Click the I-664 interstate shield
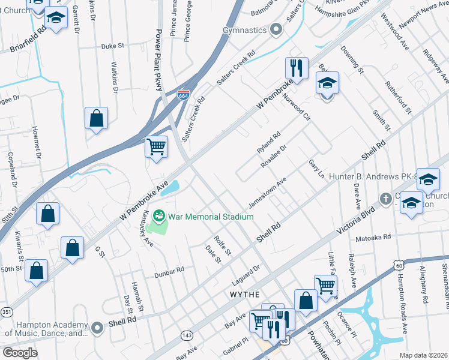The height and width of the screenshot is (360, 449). (x=184, y=95)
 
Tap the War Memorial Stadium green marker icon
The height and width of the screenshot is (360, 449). (x=159, y=215)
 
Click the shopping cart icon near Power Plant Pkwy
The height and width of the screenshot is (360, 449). (x=156, y=146)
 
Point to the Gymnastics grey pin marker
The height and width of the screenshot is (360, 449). (x=276, y=29)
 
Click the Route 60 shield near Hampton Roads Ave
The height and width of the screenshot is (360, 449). (x=399, y=265)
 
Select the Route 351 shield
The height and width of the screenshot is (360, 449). (x=6, y=311)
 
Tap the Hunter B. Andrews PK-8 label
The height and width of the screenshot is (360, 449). (x=373, y=177)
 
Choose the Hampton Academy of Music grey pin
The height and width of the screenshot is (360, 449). (x=98, y=328)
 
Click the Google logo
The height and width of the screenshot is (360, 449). (x=20, y=353)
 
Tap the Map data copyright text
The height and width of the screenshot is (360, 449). (x=423, y=355)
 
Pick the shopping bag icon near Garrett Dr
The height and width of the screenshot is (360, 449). (x=96, y=119)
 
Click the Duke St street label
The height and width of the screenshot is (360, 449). (x=112, y=45)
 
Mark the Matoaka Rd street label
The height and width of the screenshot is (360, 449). (x=373, y=238)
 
